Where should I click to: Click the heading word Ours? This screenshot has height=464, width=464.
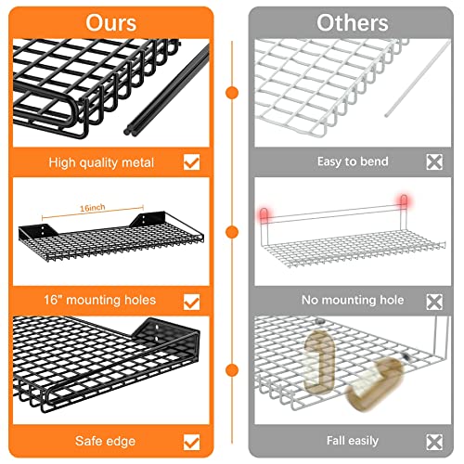(x=111, y=23)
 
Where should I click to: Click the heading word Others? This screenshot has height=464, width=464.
(x=353, y=23)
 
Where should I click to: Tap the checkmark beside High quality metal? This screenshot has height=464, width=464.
(x=192, y=162)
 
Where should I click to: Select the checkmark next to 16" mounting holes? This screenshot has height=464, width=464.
(x=192, y=302)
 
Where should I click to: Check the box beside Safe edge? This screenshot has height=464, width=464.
(x=192, y=442)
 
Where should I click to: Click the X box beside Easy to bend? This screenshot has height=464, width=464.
(x=434, y=161)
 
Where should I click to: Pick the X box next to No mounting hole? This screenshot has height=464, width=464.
(x=434, y=302)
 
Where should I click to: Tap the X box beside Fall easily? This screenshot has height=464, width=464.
(x=434, y=442)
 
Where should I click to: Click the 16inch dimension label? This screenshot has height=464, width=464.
(x=93, y=208)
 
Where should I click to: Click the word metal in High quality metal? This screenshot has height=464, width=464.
(x=137, y=162)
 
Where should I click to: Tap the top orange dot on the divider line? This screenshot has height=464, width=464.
(x=232, y=93)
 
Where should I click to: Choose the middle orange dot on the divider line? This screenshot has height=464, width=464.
(x=232, y=232)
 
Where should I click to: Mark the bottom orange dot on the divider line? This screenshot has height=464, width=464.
(x=232, y=370)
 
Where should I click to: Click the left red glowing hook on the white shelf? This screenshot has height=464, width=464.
(x=264, y=214)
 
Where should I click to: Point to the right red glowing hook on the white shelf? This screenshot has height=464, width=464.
(x=404, y=200)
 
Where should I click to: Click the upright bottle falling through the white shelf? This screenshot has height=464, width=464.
(x=319, y=361)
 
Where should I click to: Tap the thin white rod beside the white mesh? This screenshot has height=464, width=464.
(x=418, y=78)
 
